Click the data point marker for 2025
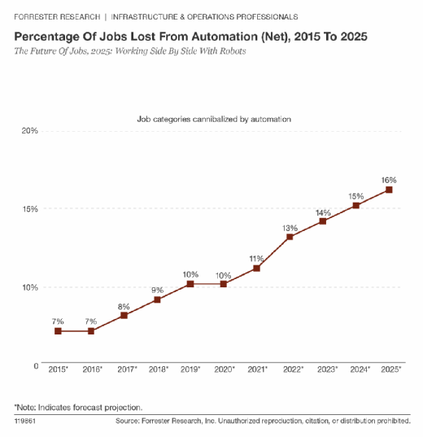[x=389, y=190]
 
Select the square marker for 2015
[x=58, y=331]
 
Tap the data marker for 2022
[x=290, y=237]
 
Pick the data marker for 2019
[x=190, y=284]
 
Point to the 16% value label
[x=389, y=180]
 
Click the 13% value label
[x=290, y=228]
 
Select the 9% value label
[x=158, y=291]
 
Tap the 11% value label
[x=256, y=259]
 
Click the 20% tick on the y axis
[x=30, y=130]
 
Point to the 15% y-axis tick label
[x=30, y=209]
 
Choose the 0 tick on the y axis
[x=36, y=365]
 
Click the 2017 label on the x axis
[x=127, y=369]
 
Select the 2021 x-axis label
[x=258, y=369]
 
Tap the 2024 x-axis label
[x=360, y=369]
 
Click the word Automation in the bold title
[x=225, y=37]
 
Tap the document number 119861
[x=25, y=421]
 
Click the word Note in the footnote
[x=26, y=408]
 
